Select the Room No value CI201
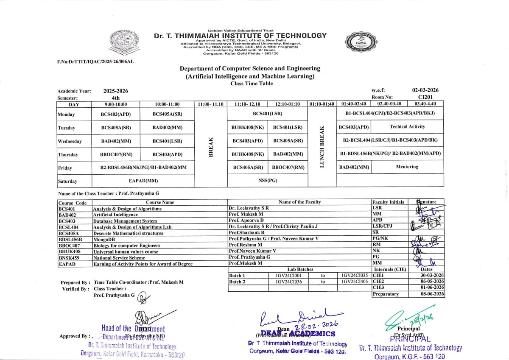[x=425, y=97]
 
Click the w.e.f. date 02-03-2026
[x=425, y=90]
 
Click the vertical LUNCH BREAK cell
[x=322, y=147]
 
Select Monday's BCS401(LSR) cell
[x=267, y=114]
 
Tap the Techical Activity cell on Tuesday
[x=407, y=127]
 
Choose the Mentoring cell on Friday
[x=407, y=167]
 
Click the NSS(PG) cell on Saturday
[x=267, y=181]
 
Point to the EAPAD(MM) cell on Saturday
[x=143, y=181]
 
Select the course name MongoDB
[x=104, y=239]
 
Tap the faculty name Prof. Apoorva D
[x=246, y=220]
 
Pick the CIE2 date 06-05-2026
[x=432, y=282]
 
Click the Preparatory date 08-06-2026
[x=432, y=294]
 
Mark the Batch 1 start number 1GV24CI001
[x=289, y=275]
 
